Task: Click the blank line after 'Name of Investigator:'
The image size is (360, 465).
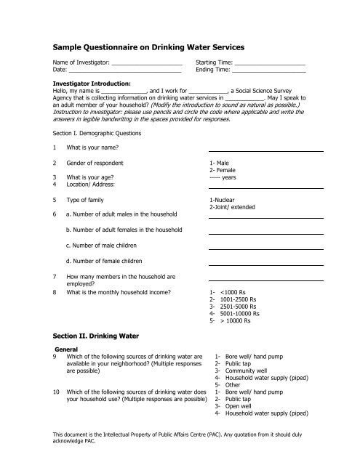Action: coord(140,65)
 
